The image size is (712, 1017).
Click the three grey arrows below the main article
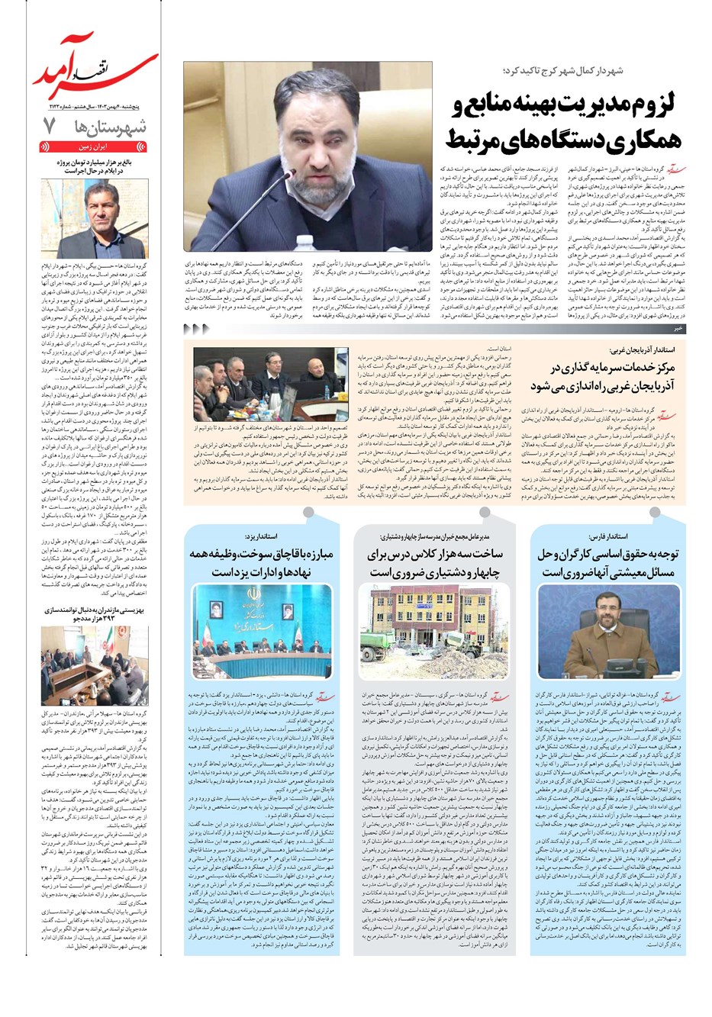click(x=197, y=329)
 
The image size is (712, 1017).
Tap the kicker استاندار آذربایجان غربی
click(x=641, y=351)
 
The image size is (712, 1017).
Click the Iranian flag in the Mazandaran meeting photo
click(x=58, y=648)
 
